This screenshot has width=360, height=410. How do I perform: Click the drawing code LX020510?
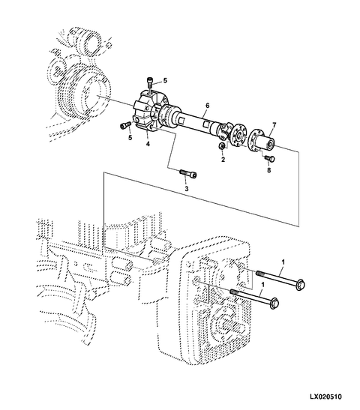pos(325,397)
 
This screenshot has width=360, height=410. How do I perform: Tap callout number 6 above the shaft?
pos(208,106)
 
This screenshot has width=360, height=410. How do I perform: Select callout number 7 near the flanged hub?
pos(274,125)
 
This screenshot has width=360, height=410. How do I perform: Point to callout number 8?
pos(269,170)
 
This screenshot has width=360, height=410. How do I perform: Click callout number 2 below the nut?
pos(223,159)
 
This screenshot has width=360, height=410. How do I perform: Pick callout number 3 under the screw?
pos(187,189)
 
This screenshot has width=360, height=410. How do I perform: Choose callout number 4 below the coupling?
pos(148,144)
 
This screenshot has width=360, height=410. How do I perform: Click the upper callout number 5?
pos(165,80)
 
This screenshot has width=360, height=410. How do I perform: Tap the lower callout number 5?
pos(130,137)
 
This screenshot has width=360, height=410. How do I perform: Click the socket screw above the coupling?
pos(150,82)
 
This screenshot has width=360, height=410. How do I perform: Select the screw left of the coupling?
pos(126,125)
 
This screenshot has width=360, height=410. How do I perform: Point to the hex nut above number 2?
pos(221,146)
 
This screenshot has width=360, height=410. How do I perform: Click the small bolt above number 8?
pos(269,158)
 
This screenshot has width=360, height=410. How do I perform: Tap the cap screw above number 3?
pos(188,173)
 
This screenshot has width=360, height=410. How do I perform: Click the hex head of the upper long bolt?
pos(301,285)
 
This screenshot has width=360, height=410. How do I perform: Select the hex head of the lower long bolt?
pos(274,303)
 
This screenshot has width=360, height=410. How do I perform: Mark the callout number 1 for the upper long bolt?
pos(283,262)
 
